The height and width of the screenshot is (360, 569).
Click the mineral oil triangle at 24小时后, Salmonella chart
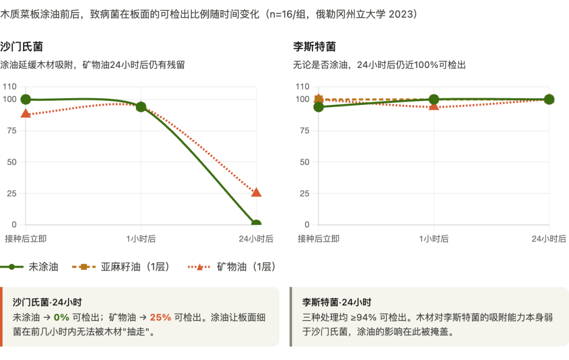coord(256,193)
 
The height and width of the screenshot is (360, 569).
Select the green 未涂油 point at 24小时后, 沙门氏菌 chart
coord(256,223)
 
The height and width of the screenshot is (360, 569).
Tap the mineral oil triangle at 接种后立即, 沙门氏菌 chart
coord(25,113)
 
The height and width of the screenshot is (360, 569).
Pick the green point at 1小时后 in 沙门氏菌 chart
coord(141,107)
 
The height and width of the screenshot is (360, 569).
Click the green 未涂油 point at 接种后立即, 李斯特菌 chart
coord(318,107)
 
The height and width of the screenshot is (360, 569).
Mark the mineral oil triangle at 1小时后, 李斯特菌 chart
coord(434,106)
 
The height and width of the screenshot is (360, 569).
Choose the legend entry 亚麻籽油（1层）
coord(135,267)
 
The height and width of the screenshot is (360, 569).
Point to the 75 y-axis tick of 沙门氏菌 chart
coord(10,130)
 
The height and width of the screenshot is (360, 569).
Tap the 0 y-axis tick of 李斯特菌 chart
coord(306,225)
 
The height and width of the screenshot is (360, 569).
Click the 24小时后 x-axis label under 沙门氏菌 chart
coord(256,239)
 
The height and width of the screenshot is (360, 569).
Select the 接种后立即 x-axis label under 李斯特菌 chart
coord(318,239)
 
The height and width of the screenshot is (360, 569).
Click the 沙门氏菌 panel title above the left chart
coord(21,46)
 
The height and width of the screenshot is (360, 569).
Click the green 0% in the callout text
coord(62,317)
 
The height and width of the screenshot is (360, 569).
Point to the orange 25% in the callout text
coord(160,317)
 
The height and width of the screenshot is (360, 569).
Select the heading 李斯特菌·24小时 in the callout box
coord(337,303)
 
